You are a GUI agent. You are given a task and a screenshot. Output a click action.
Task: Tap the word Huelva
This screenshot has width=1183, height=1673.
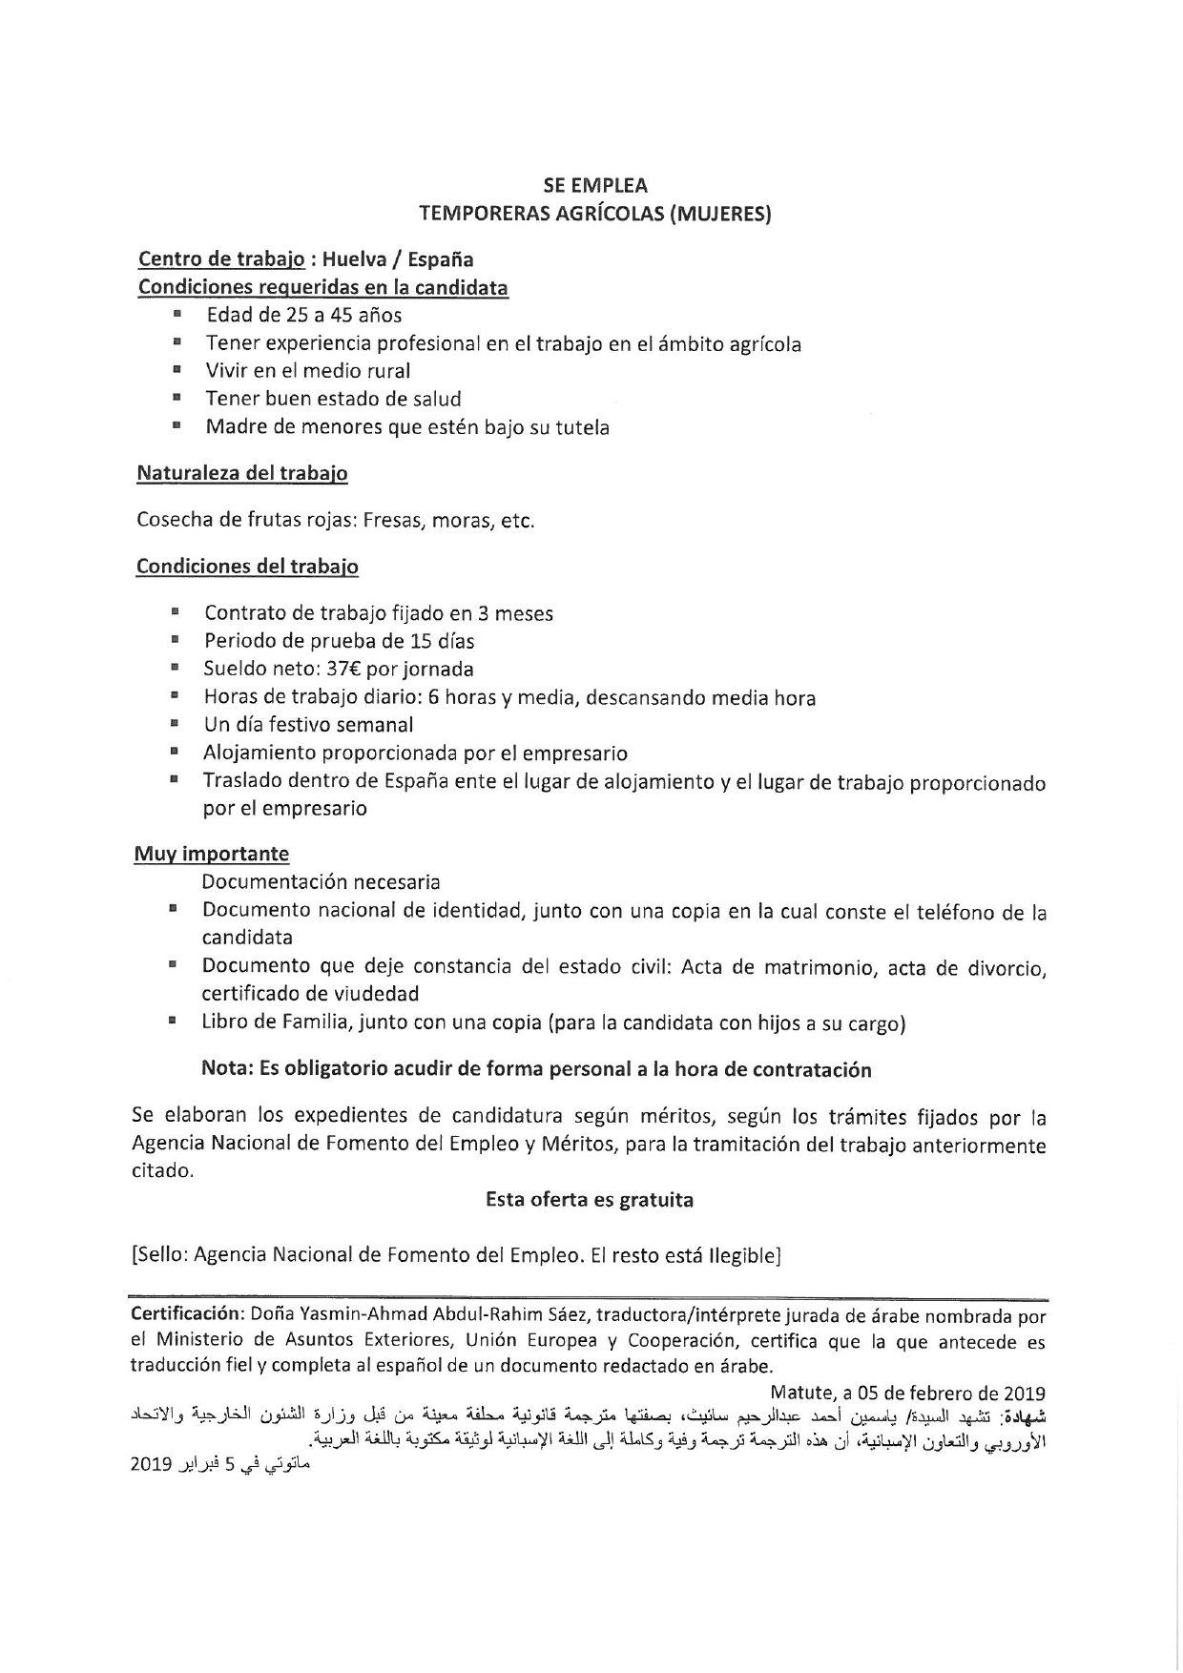(x=359, y=259)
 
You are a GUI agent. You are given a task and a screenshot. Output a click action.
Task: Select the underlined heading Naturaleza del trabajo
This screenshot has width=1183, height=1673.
(x=242, y=473)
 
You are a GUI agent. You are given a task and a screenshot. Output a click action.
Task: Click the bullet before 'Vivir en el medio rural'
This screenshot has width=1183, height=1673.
(x=177, y=369)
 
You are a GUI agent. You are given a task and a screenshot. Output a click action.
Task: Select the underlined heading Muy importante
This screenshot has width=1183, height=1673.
(x=211, y=854)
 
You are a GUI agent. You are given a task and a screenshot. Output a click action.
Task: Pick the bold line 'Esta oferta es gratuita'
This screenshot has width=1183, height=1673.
(x=590, y=1200)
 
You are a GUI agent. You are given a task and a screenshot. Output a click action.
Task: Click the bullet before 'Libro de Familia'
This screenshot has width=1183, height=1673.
(x=173, y=1022)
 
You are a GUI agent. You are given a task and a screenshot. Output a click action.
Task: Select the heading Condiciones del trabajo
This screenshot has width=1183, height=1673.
(x=247, y=567)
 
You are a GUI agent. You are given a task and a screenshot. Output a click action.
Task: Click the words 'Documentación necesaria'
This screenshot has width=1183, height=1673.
(x=321, y=882)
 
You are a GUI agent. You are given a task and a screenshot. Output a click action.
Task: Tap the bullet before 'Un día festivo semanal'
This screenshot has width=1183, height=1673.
(x=176, y=724)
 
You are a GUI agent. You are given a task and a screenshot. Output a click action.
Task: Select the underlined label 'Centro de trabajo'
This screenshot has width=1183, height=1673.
(x=221, y=259)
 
